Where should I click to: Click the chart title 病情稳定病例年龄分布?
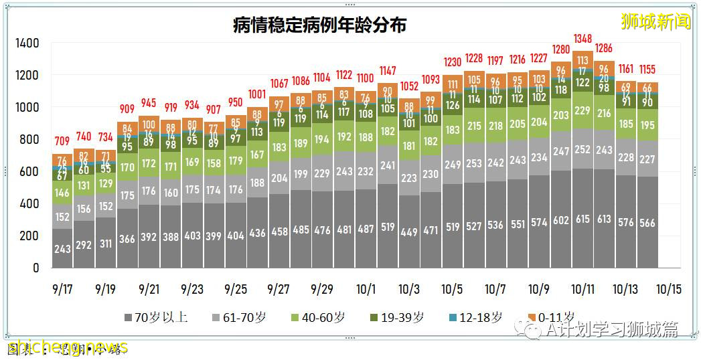[x=319, y=25]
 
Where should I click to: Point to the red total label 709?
[x=62, y=141]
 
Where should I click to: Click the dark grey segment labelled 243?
[x=62, y=248]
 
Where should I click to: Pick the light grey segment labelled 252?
[x=582, y=149]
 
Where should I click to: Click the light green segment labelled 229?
[x=582, y=110]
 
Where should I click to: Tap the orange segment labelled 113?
[x=582, y=60]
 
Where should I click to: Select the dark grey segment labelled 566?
[x=647, y=223]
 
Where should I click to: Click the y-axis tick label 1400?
[x=27, y=43]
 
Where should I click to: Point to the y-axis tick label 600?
[x=29, y=172]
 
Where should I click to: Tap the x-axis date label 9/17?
[x=62, y=289]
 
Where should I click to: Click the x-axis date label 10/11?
[x=582, y=289]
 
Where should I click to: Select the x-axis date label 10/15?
[x=669, y=289]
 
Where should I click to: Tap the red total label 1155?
[x=647, y=69]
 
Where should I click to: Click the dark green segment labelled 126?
[x=453, y=106]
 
